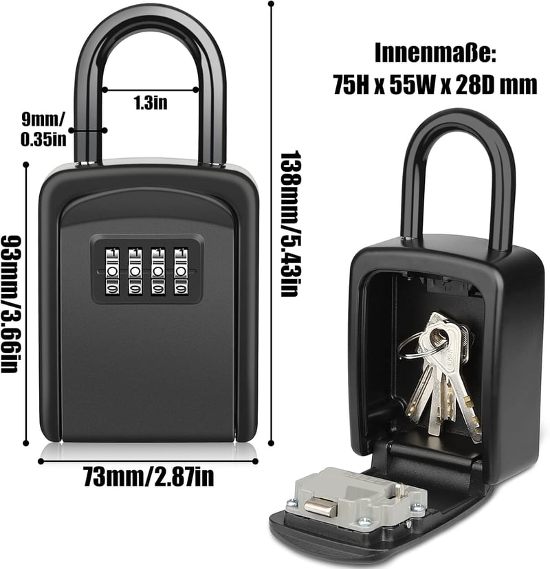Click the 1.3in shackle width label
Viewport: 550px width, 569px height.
click(x=151, y=102)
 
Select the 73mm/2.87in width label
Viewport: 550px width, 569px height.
click(x=148, y=476)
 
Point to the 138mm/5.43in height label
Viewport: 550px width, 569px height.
click(x=290, y=223)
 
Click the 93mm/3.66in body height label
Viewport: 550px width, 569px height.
click(x=10, y=304)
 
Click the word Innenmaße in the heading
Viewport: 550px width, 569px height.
click(x=435, y=53)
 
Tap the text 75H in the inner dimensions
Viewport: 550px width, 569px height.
click(x=351, y=86)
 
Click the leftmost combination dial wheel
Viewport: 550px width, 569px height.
click(x=112, y=270)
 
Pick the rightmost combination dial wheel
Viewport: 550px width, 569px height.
click(x=181, y=270)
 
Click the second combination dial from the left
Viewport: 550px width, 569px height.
click(x=135, y=270)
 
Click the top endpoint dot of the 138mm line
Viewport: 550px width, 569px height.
click(x=271, y=4)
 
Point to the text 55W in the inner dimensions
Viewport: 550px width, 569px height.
click(x=412, y=86)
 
